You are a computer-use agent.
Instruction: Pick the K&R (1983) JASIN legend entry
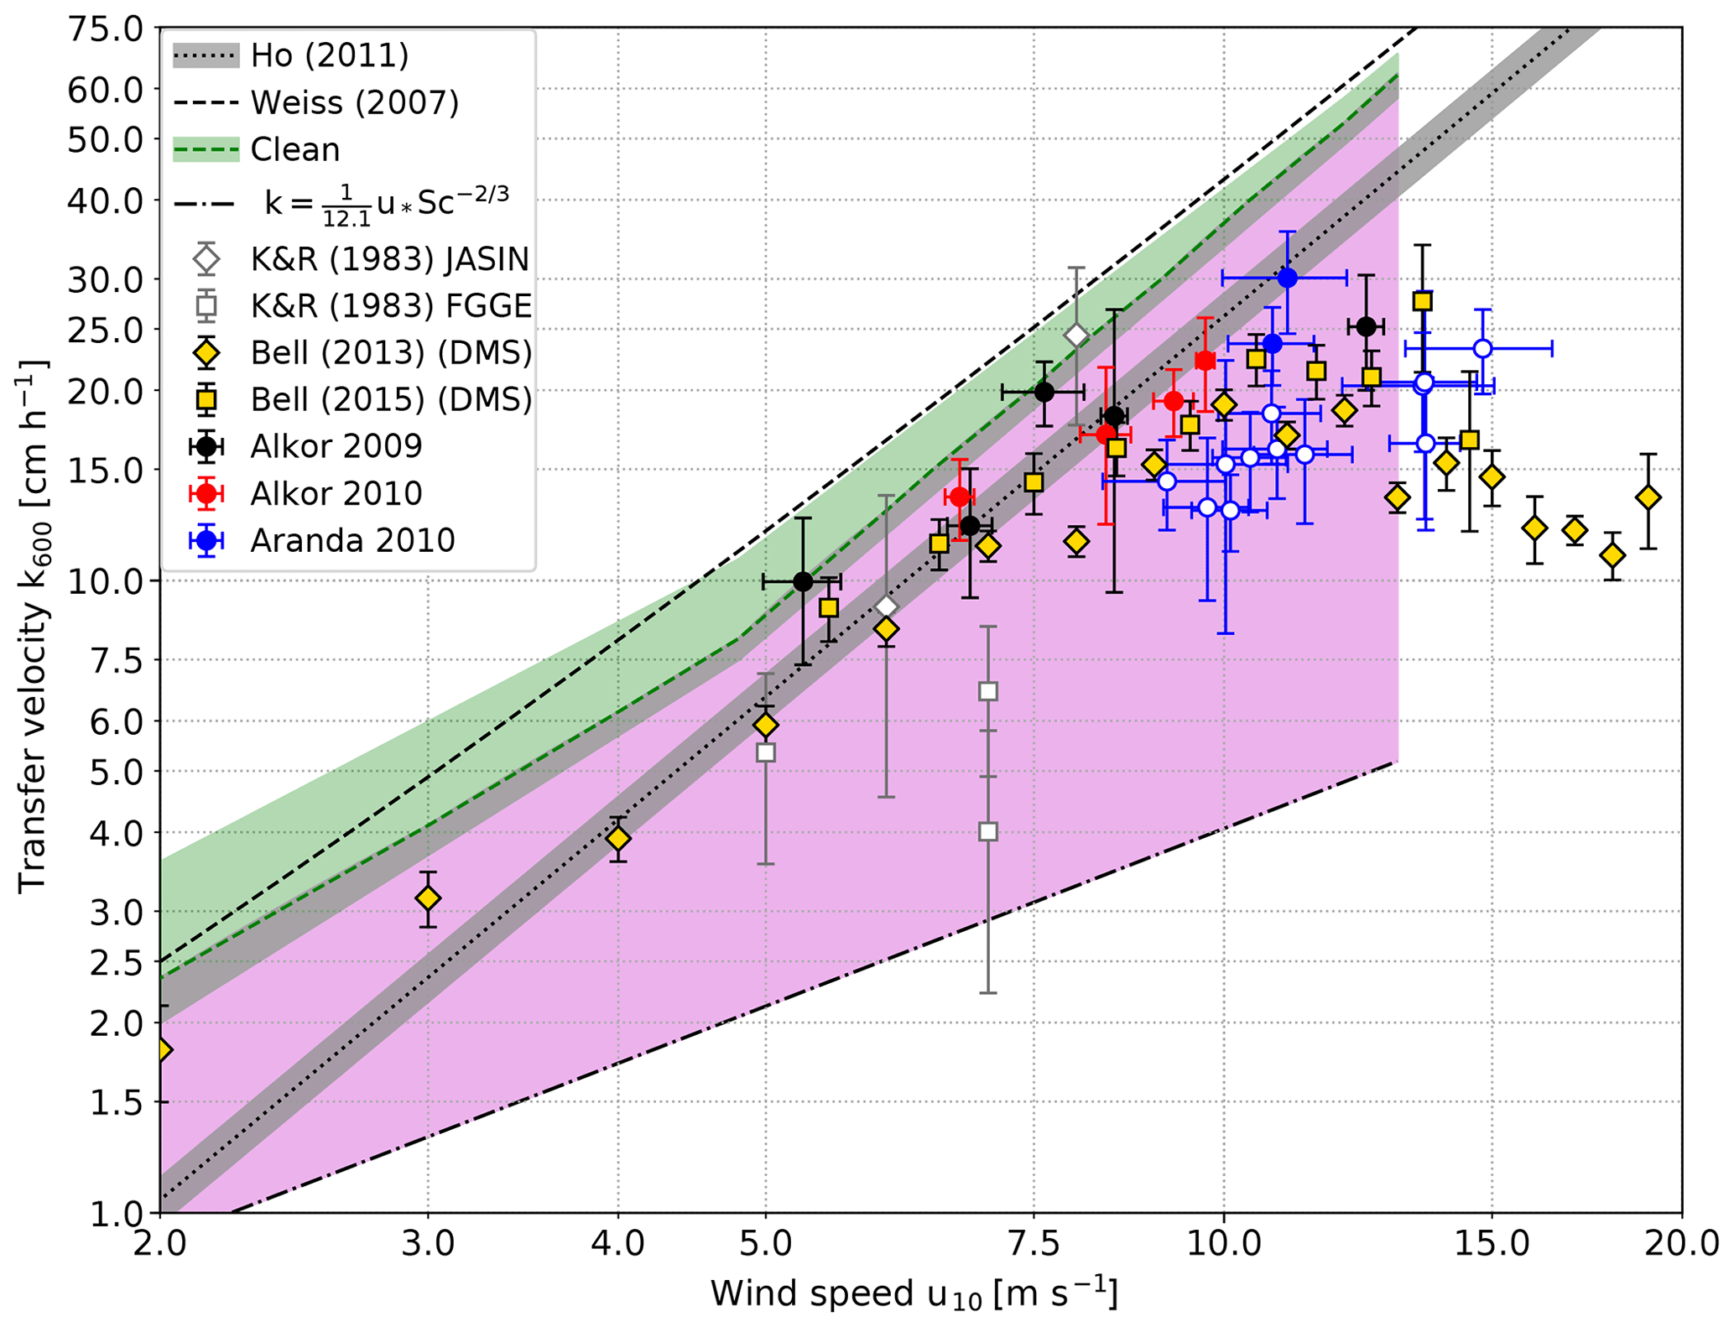(x=389, y=259)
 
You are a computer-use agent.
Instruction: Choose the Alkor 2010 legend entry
(x=336, y=493)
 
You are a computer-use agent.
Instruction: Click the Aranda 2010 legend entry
(x=352, y=540)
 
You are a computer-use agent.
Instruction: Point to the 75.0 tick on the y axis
(x=105, y=30)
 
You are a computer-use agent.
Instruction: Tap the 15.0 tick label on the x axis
(x=1491, y=1243)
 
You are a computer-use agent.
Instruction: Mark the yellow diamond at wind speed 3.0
(x=428, y=898)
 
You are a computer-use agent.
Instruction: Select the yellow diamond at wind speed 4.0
(x=618, y=838)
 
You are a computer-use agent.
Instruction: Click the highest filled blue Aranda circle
(x=1287, y=278)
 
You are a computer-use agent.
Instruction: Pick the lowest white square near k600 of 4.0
(x=988, y=831)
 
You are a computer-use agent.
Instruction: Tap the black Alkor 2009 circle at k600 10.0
(x=803, y=581)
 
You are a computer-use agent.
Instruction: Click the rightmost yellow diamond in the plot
(x=1648, y=497)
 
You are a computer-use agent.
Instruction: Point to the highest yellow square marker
(x=1422, y=301)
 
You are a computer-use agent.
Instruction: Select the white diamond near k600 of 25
(x=1076, y=336)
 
